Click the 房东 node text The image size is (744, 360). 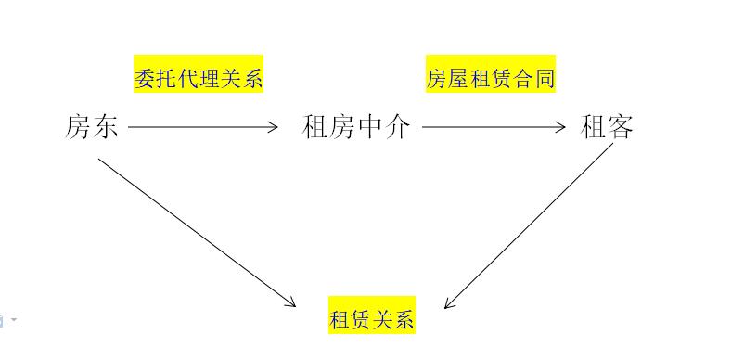point(92,126)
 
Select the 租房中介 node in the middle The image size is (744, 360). point(356,126)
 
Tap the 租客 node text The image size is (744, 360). point(607,126)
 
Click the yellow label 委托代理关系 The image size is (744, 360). point(199,78)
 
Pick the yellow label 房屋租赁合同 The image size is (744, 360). point(491,78)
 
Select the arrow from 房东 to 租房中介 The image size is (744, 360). point(202,127)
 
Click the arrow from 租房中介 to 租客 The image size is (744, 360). point(493,127)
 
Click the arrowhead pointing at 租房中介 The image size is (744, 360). point(274,127)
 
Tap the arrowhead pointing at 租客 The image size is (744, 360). point(560,127)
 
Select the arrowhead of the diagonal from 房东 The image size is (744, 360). point(290,302)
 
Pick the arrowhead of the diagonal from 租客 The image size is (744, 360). point(449,303)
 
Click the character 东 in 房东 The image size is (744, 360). point(106,126)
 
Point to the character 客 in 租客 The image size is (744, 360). point(621,126)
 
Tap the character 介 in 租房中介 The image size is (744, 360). point(397,126)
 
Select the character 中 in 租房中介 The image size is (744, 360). point(369,126)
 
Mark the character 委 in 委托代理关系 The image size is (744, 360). point(145,78)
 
